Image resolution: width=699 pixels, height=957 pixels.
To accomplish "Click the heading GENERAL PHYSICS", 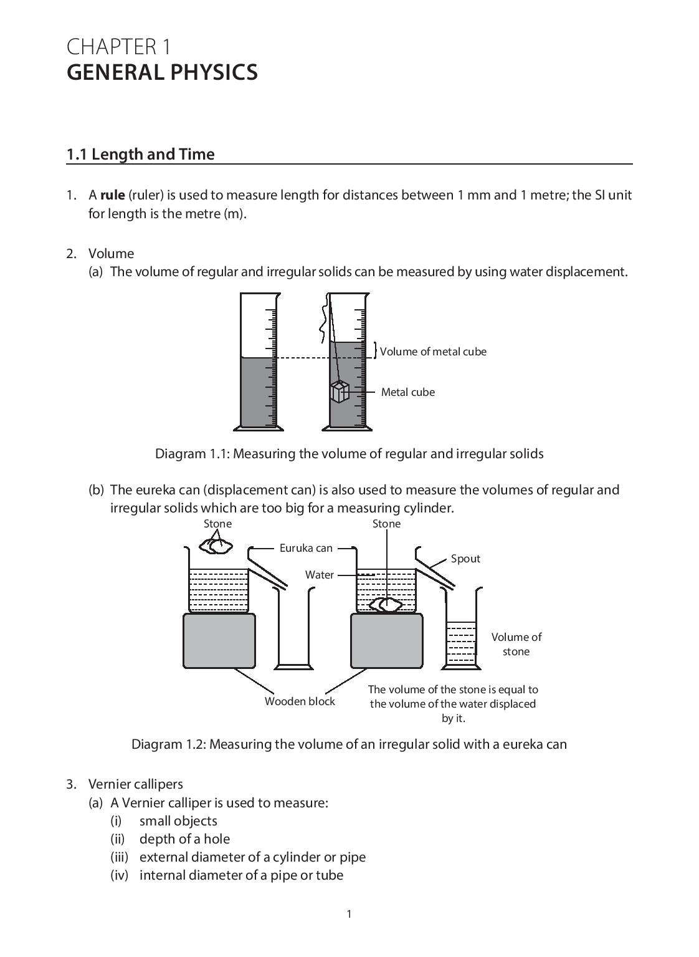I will [162, 72].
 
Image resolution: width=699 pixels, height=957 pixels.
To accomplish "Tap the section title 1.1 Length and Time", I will [140, 154].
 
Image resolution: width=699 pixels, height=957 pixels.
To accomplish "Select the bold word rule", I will [113, 195].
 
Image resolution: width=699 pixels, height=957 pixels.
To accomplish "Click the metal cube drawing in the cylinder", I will [339, 392].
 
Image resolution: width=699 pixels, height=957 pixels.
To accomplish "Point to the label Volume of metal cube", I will [433, 352].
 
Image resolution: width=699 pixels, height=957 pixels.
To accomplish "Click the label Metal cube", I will [407, 392].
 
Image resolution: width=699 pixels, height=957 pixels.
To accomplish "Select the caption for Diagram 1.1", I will [349, 453].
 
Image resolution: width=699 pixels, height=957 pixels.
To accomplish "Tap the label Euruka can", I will [305, 548].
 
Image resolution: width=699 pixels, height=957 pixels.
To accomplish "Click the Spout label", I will [465, 559].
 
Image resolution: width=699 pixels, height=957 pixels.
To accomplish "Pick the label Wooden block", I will [300, 701].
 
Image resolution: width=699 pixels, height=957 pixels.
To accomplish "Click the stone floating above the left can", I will [216, 546].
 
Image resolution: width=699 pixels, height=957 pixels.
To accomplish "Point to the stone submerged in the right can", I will [386, 605].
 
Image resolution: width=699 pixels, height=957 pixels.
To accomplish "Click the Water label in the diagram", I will [319, 575].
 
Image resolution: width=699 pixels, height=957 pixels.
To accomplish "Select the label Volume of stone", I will [516, 644].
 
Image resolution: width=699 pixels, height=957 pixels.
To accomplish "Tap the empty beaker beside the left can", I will [294, 630].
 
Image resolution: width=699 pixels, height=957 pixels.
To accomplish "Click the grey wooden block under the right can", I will [386, 641].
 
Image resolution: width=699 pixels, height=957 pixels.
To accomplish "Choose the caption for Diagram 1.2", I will [349, 744].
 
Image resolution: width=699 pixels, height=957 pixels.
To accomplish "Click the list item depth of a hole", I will [184, 839].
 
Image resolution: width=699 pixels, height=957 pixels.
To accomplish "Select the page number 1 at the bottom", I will [349, 914].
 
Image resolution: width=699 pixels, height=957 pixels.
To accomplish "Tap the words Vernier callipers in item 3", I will [135, 784].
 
